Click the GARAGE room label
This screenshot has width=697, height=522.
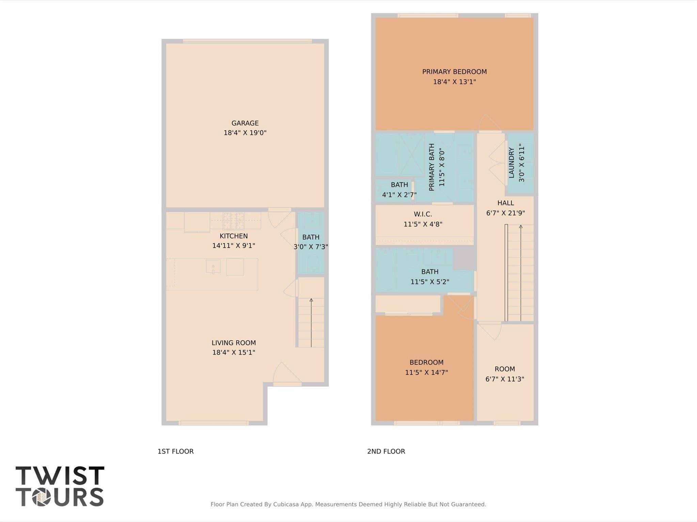pyautogui.click(x=245, y=123)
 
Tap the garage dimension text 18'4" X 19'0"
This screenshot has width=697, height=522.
pyautogui.click(x=245, y=133)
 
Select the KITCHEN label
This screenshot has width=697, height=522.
pyautogui.click(x=234, y=236)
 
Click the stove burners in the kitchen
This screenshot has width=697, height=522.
pyautogui.click(x=234, y=221)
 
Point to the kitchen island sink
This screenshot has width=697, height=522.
pyautogui.click(x=213, y=266)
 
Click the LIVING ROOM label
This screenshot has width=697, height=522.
pyautogui.click(x=234, y=343)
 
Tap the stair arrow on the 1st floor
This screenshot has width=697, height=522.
pyautogui.click(x=311, y=323)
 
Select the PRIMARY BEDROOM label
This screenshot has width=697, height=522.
pyautogui.click(x=454, y=72)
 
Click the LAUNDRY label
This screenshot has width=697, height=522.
pyautogui.click(x=511, y=163)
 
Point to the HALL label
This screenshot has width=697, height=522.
pyautogui.click(x=506, y=203)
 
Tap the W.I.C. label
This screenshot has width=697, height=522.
pyautogui.click(x=423, y=214)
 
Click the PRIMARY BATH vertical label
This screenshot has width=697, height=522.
pyautogui.click(x=432, y=167)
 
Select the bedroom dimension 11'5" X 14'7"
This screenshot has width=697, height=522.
pyautogui.click(x=426, y=372)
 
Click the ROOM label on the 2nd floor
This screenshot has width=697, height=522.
pyautogui.click(x=505, y=369)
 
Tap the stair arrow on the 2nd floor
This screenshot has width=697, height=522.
pyautogui.click(x=521, y=273)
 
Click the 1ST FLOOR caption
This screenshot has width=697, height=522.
pyautogui.click(x=175, y=451)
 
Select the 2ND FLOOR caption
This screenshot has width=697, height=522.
pyautogui.click(x=386, y=451)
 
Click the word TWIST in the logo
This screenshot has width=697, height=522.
pyautogui.click(x=60, y=475)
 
